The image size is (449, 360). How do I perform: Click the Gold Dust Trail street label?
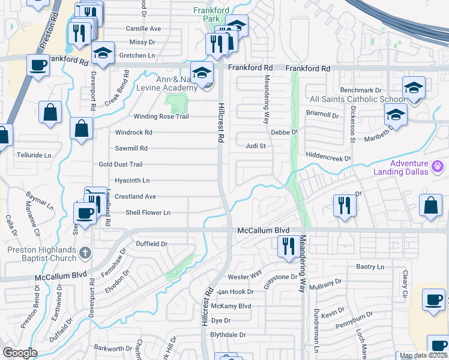pyautogui.click(x=121, y=164)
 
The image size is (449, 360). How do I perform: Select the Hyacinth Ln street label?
pyautogui.click(x=132, y=180)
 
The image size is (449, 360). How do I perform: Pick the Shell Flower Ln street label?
pyautogui.click(x=148, y=212)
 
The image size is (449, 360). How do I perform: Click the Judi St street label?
pyautogui.click(x=255, y=145)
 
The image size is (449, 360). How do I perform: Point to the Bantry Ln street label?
pyautogui.click(x=369, y=266)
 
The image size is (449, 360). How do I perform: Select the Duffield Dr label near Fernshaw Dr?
pyautogui.click(x=151, y=244)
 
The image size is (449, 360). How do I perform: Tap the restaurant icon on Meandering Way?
pyautogui.click(x=288, y=246)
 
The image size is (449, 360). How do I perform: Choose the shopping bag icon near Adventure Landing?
pyautogui.click(x=432, y=206)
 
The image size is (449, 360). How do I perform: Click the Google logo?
pyautogui.click(x=20, y=353)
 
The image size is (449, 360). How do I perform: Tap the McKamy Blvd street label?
pyautogui.click(x=231, y=306)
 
